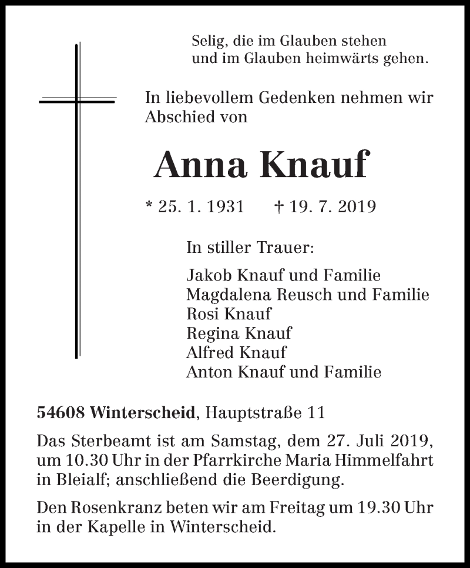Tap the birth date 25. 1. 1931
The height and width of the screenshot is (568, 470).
201,206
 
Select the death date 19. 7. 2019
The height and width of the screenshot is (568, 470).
331,206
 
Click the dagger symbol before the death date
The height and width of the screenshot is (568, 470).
279,206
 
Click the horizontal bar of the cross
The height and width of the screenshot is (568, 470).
77,101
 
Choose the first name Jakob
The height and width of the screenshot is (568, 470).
205,275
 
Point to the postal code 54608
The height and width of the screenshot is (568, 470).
60,413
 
